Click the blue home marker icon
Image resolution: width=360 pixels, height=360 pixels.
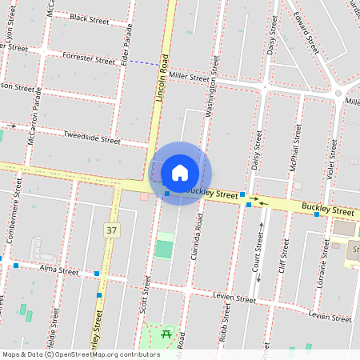click(x=180, y=172)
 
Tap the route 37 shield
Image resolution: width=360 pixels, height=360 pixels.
click(x=111, y=230)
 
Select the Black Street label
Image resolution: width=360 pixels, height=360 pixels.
click(x=89, y=18)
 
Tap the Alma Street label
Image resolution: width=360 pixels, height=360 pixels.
click(x=58, y=271)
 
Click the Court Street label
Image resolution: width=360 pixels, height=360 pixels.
click(x=257, y=252)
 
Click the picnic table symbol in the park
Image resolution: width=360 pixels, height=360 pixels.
click(x=166, y=333)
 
